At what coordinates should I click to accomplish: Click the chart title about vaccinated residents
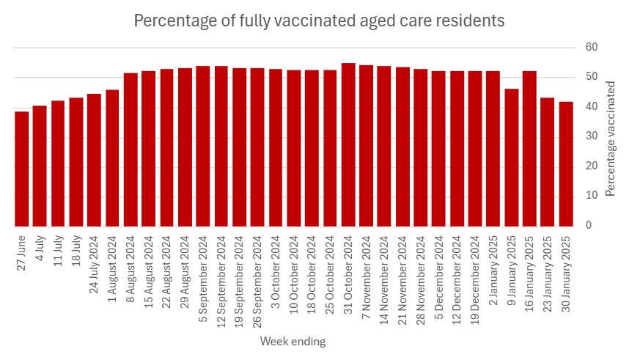click(319, 21)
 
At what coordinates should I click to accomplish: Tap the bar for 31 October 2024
click(348, 145)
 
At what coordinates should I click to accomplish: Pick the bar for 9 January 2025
click(512, 158)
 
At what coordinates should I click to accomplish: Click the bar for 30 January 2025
click(566, 164)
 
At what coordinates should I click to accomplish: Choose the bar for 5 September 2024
click(203, 147)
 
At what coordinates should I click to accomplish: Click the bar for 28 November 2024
click(421, 148)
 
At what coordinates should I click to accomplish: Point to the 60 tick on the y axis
click(592, 48)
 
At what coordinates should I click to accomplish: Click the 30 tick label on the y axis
click(592, 137)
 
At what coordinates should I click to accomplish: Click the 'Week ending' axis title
click(293, 342)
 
